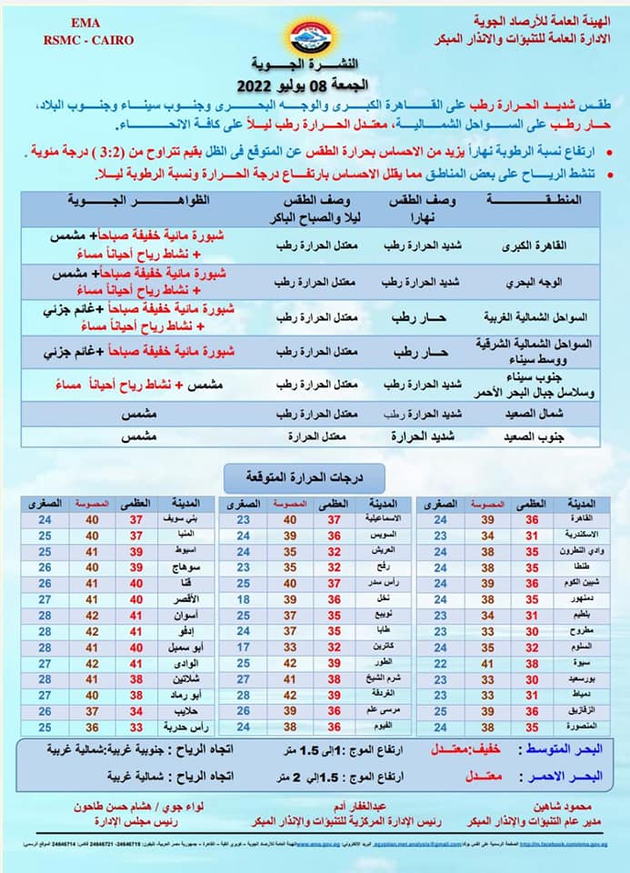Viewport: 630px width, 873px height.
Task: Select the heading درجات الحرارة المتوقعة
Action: pyautogui.click(x=305, y=476)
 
